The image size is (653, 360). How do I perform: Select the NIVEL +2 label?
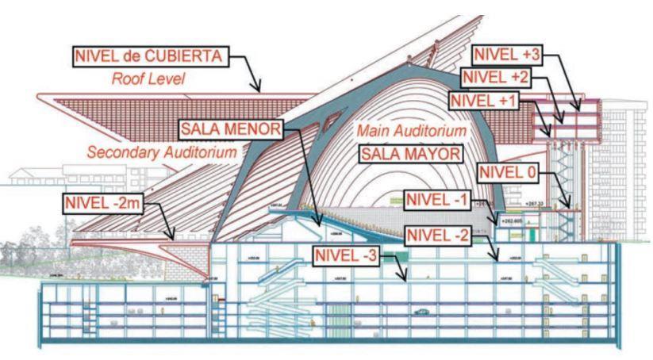click(x=496, y=78)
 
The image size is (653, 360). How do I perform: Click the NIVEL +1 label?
click(x=483, y=101)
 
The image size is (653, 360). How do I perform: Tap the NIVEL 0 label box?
click(x=509, y=172)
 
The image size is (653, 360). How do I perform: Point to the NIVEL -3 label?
click(x=345, y=255)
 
